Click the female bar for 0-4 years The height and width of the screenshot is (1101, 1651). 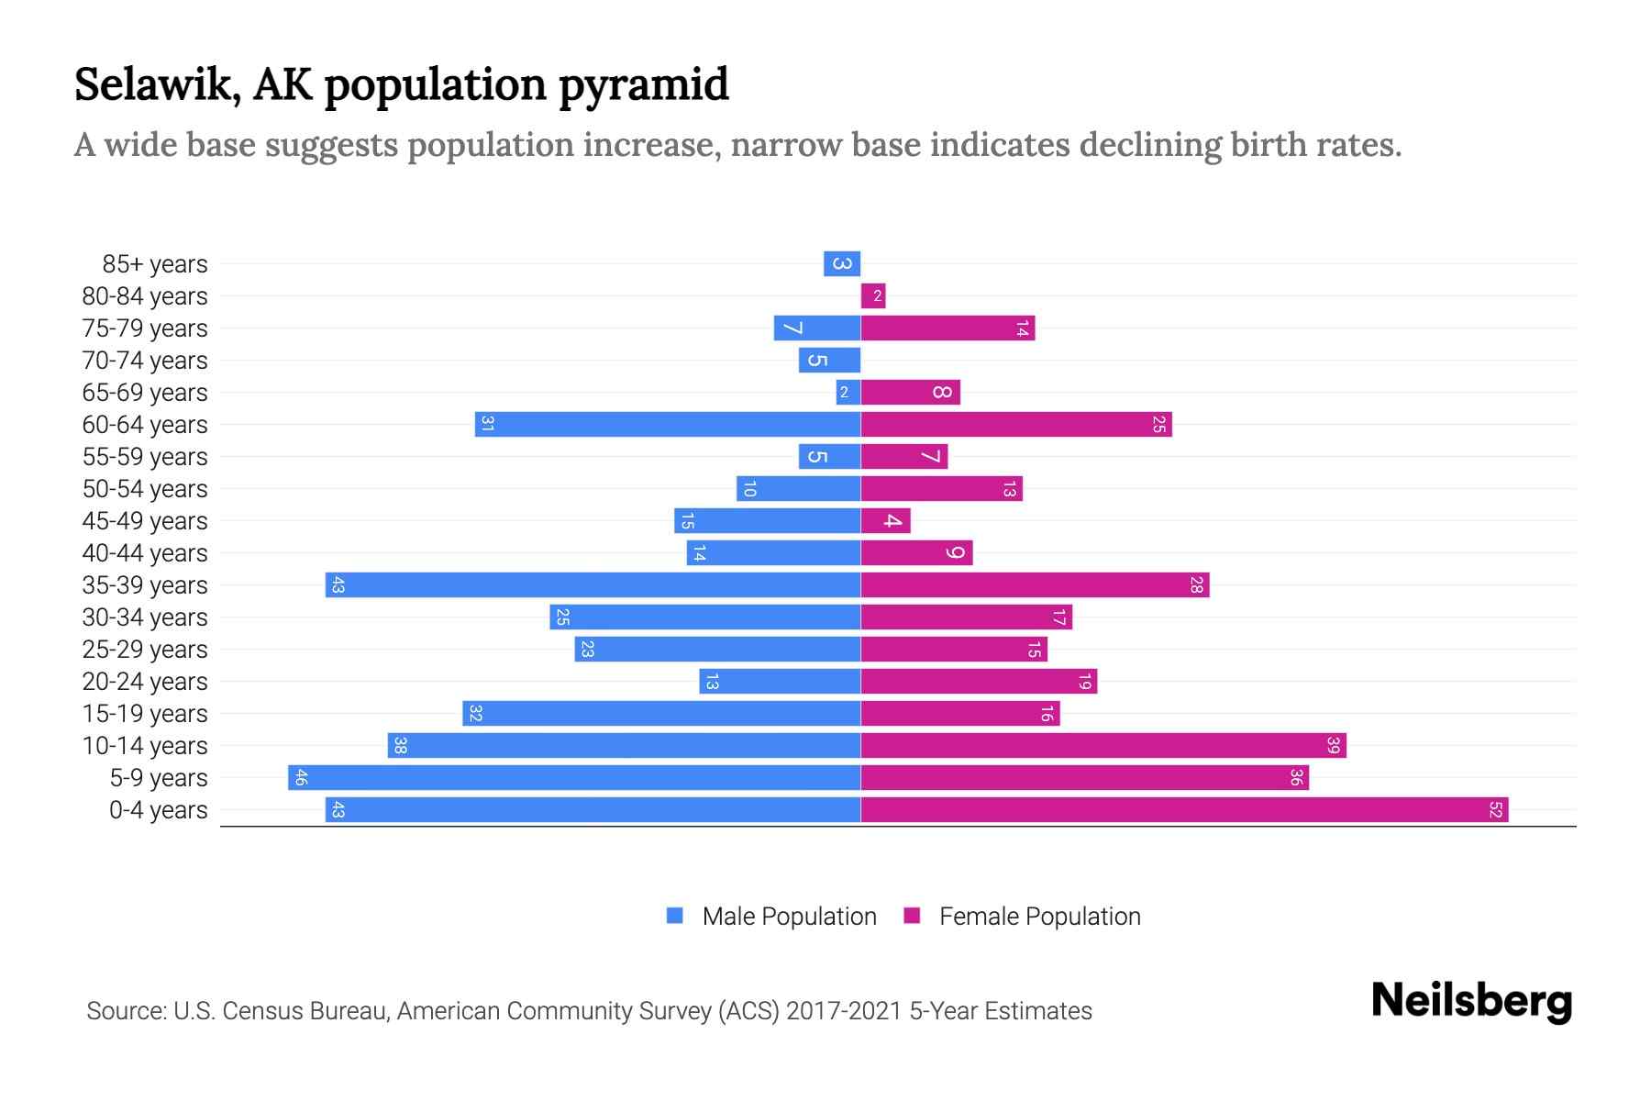pos(1183,809)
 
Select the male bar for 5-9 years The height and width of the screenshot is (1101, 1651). pos(574,777)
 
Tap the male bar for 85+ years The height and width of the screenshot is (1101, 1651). pos(841,264)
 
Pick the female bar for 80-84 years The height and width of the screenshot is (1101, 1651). pos(872,295)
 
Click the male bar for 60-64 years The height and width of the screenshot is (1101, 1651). pos(668,424)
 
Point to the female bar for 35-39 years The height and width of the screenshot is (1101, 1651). pos(1035,584)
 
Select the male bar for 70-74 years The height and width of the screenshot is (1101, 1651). pos(829,360)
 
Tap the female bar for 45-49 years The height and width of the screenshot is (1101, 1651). pos(885,520)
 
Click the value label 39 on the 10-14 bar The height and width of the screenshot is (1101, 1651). pos(1333,745)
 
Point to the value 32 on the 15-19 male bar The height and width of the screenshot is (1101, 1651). pos(475,713)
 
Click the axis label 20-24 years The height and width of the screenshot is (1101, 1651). pos(145,682)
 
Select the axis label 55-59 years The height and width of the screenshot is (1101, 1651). pos(145,457)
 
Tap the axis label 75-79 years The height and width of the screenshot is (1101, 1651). pos(145,328)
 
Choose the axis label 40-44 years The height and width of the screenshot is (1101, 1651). pos(145,553)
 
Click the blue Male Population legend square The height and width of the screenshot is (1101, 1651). pos(675,916)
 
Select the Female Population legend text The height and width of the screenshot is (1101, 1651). pos(1039,916)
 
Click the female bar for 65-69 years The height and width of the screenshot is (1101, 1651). pos(910,392)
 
